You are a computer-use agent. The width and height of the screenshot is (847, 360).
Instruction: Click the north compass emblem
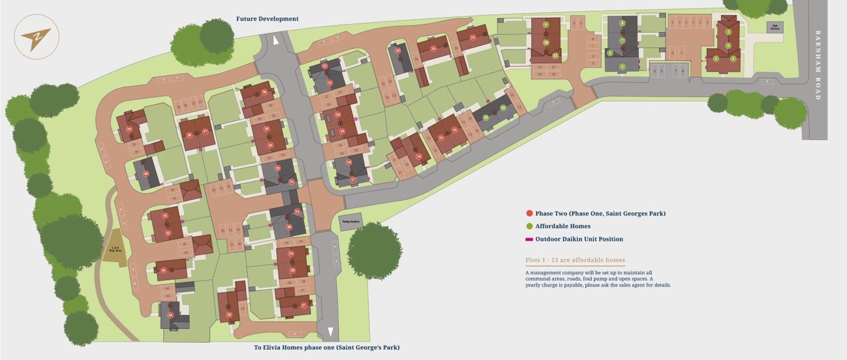click(36, 37)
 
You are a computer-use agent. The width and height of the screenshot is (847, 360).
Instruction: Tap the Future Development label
click(267, 19)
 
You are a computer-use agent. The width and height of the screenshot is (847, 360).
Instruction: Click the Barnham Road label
click(818, 65)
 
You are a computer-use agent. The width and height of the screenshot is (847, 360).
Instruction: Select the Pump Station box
click(351, 222)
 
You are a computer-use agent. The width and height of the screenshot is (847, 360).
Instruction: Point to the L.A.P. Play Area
click(115, 249)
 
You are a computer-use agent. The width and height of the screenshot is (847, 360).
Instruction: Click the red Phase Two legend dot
click(529, 213)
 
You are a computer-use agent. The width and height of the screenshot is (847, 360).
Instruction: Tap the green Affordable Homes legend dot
click(529, 226)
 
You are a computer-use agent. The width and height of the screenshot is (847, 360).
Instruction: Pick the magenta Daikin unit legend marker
click(529, 239)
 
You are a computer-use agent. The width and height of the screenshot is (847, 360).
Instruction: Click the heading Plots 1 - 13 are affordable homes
click(575, 260)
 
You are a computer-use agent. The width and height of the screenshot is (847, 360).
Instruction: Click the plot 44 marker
click(170, 315)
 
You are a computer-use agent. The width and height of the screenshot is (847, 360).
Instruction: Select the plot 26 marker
click(229, 315)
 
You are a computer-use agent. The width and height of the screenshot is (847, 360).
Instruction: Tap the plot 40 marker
click(146, 174)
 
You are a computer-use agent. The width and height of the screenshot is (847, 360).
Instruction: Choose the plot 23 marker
click(398, 51)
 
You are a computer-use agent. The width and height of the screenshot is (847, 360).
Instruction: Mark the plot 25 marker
click(473, 37)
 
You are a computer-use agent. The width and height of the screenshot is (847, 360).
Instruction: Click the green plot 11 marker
click(555, 55)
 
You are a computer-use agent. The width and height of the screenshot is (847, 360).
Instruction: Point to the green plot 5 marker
click(622, 66)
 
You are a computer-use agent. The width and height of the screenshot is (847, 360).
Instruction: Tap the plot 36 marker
click(264, 92)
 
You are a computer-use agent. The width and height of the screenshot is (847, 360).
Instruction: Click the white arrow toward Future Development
click(276, 41)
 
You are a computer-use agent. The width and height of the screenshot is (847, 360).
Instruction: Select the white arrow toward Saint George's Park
click(330, 331)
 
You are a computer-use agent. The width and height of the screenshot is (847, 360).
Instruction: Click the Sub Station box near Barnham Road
click(775, 27)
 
